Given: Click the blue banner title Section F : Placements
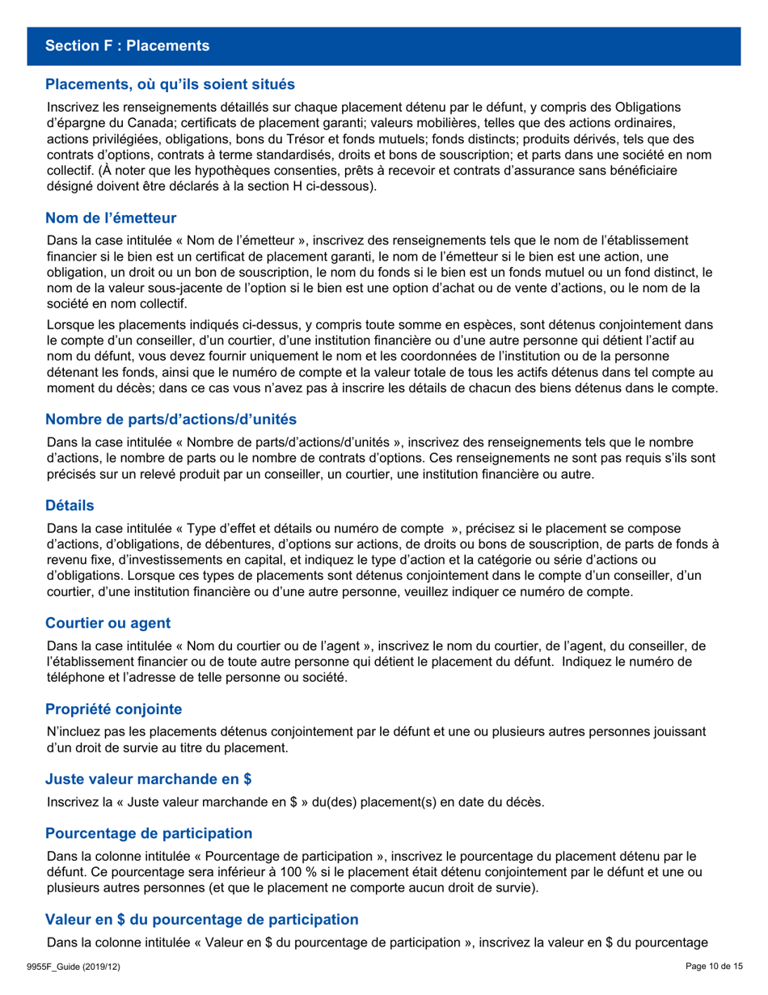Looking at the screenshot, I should [x=128, y=46].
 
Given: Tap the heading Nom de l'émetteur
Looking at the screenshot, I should [x=111, y=218].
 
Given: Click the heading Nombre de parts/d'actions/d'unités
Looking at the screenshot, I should [x=171, y=419].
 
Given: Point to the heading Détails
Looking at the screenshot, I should [x=70, y=506].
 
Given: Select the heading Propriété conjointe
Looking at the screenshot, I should [x=113, y=709].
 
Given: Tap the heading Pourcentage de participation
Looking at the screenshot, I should [x=149, y=833].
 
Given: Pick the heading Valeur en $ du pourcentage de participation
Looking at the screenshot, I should [x=201, y=919].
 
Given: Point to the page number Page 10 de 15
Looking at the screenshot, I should [x=713, y=967].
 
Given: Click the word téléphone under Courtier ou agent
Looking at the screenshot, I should [x=76, y=678].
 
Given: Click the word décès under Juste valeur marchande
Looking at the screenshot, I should [x=525, y=802].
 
